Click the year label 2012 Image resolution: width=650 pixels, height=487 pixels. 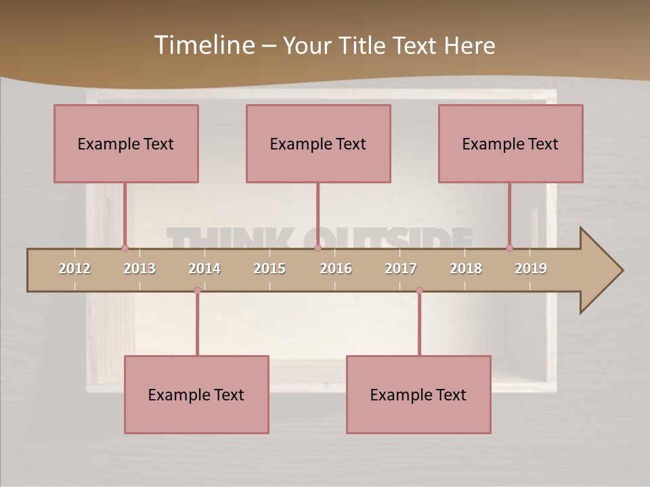click(x=74, y=269)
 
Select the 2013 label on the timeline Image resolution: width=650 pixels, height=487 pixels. click(x=139, y=269)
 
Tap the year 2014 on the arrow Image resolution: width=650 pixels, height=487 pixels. click(x=204, y=269)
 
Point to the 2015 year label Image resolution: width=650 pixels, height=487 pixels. click(x=269, y=269)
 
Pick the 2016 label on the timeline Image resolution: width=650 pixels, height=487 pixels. click(x=336, y=269)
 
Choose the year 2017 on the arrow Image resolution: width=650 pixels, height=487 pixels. click(x=401, y=269)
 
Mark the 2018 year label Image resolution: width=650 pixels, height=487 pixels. click(x=466, y=269)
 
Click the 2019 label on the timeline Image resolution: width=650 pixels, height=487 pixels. click(x=531, y=269)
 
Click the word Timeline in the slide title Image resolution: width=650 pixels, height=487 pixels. click(x=204, y=45)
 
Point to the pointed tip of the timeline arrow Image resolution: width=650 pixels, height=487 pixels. click(x=622, y=271)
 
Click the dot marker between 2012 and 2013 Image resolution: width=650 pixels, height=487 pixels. click(x=125, y=248)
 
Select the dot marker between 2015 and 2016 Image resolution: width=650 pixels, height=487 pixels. click(x=318, y=248)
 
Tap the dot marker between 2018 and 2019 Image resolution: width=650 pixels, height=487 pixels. click(x=509, y=248)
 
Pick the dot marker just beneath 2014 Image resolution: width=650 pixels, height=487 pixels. click(x=197, y=291)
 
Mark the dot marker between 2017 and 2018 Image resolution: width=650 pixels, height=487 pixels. click(x=419, y=291)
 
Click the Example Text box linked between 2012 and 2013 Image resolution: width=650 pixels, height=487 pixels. click(x=126, y=143)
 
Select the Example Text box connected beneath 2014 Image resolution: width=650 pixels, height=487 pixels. click(x=196, y=394)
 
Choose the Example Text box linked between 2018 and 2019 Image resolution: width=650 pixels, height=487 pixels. click(x=511, y=143)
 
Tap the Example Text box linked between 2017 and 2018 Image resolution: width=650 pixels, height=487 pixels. click(x=418, y=394)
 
